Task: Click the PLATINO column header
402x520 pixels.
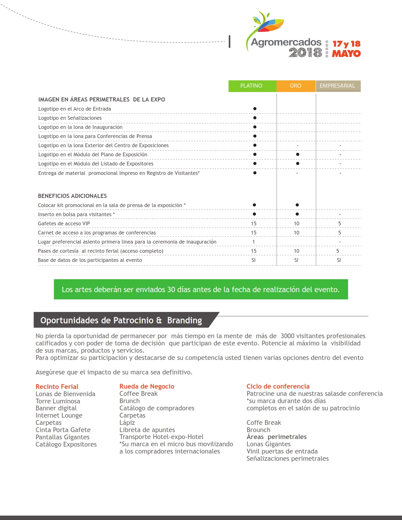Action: (251, 86)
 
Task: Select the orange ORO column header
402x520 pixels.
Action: (295, 86)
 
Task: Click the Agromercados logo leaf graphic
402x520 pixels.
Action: (268, 24)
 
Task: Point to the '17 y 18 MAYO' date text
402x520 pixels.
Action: (346, 49)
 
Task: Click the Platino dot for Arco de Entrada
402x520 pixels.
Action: (255, 109)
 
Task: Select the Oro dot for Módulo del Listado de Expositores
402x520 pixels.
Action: (297, 164)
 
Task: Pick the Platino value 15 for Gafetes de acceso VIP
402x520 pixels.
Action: (254, 223)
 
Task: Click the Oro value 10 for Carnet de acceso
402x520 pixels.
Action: (296, 233)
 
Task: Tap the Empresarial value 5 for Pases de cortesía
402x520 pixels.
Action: (338, 251)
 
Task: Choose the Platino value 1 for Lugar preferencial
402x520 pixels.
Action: (253, 242)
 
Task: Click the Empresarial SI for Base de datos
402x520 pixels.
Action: (339, 260)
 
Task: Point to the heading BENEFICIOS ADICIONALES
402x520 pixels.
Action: (72, 196)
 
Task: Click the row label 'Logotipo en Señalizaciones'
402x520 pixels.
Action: (70, 118)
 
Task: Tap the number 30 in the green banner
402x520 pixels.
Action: (171, 289)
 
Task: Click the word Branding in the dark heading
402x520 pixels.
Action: (184, 320)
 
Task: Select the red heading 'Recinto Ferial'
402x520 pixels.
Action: (57, 387)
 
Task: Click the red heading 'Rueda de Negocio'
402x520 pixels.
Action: (147, 386)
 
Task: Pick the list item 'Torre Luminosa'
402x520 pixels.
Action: (58, 401)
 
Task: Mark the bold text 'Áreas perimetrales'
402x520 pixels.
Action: (277, 437)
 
